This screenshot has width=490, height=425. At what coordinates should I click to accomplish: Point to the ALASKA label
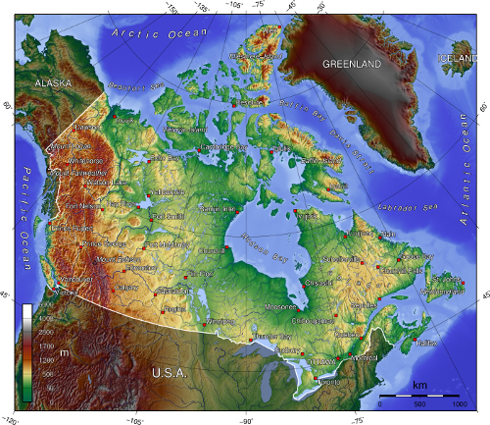click(x=53, y=83)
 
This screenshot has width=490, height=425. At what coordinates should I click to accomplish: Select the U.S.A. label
click(x=172, y=373)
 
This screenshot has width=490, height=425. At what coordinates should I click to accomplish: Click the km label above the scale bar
click(x=419, y=384)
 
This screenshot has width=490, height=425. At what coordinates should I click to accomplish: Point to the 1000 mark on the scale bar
click(x=457, y=404)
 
